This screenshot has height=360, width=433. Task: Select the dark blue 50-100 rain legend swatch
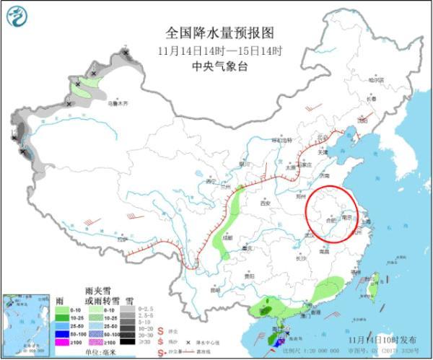64,335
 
